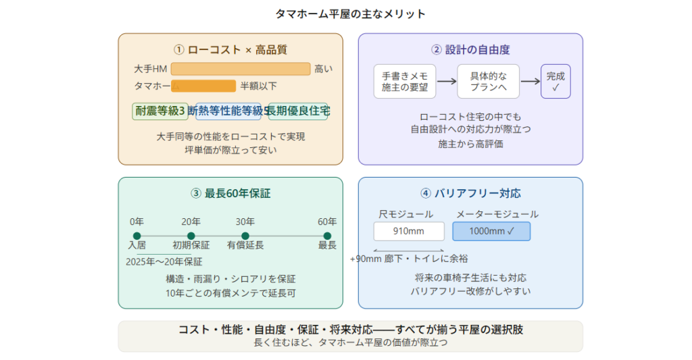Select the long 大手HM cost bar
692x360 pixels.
click(240, 68)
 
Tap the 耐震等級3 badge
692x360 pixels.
click(160, 111)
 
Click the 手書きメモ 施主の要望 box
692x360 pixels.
click(405, 82)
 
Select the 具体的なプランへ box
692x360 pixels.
click(488, 82)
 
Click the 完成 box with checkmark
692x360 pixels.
click(555, 82)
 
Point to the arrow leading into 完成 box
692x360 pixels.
click(530, 82)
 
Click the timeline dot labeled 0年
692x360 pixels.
click(137, 236)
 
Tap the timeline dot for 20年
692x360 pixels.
click(191, 236)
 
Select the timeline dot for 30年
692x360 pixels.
click(245, 236)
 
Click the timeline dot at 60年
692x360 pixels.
click(327, 236)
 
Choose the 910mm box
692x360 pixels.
click(409, 232)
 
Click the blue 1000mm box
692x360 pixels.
click(491, 232)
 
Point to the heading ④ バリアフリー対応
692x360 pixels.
click(470, 193)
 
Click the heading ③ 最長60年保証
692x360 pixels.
click(230, 193)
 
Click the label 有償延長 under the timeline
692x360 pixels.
click(245, 245)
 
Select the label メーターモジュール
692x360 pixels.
click(497, 214)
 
